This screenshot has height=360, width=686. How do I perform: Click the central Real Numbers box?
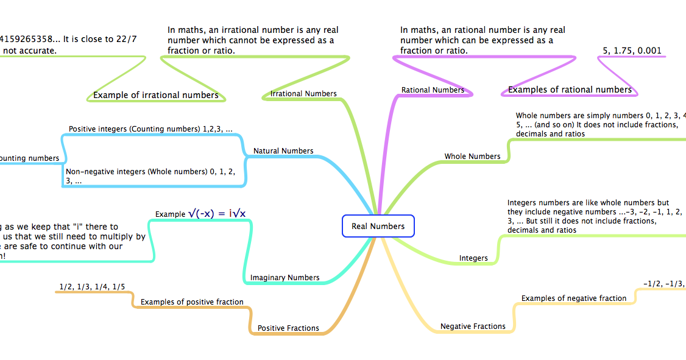pyautogui.click(x=378, y=226)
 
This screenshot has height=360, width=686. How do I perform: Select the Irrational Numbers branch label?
pyautogui.click(x=303, y=94)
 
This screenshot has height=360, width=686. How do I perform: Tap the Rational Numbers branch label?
pyautogui.click(x=433, y=90)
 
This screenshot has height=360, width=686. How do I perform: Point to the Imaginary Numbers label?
pyautogui.click(x=285, y=278)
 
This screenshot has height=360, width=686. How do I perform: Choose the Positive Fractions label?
pyautogui.click(x=288, y=328)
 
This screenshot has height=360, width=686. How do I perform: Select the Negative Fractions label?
pyautogui.click(x=473, y=326)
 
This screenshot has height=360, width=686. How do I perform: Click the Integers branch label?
pyautogui.click(x=473, y=258)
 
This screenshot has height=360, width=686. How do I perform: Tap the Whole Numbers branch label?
pyautogui.click(x=472, y=157)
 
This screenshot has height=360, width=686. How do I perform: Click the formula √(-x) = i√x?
pyautogui.click(x=217, y=213)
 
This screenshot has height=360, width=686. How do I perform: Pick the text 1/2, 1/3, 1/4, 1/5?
pyautogui.click(x=92, y=286)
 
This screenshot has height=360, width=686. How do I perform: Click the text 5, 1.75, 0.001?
pyautogui.click(x=632, y=51)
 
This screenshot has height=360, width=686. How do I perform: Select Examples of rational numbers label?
pyautogui.click(x=570, y=90)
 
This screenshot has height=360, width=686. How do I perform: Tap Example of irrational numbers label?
pyautogui.click(x=155, y=95)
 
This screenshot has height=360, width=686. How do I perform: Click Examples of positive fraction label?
pyautogui.click(x=192, y=302)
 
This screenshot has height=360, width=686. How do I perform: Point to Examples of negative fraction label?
pyautogui.click(x=573, y=298)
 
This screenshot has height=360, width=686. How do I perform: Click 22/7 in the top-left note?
pyautogui.click(x=127, y=39)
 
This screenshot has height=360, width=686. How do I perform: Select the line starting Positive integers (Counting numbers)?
pyautogui.click(x=150, y=129)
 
